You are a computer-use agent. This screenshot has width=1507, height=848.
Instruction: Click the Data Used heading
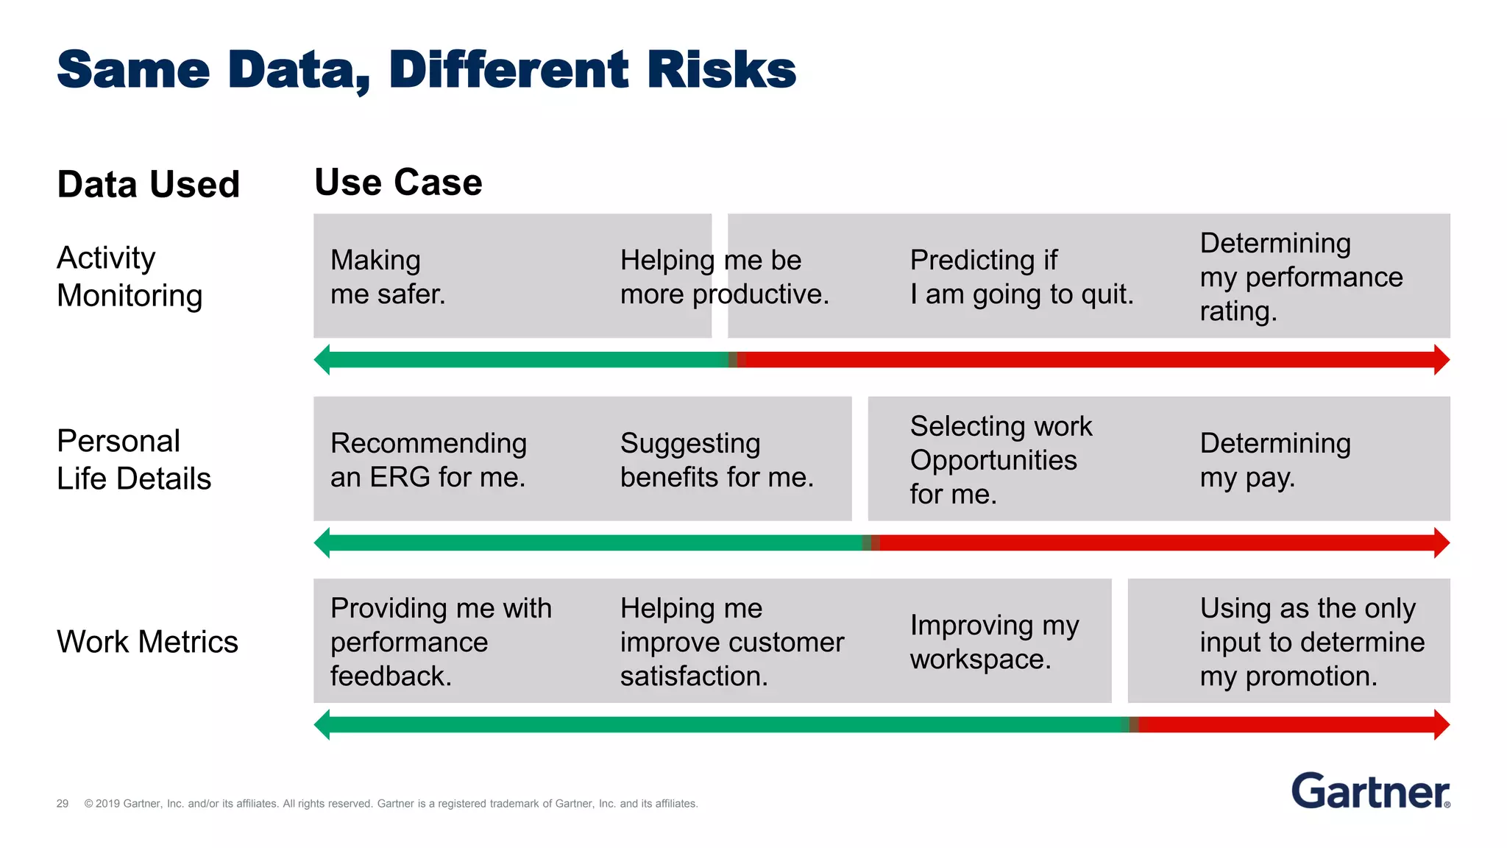point(148,184)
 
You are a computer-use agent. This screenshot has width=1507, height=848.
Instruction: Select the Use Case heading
point(398,182)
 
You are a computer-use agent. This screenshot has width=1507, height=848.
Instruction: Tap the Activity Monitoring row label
point(129,277)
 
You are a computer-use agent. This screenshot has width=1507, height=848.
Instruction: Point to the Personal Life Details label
point(133,459)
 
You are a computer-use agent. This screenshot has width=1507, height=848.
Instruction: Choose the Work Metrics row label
point(147,642)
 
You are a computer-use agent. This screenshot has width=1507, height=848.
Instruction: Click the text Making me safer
point(388,277)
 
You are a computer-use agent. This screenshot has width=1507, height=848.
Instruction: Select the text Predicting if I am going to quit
point(1021,277)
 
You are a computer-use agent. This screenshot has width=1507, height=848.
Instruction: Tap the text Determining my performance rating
point(1300,277)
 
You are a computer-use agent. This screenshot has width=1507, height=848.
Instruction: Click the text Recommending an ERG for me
point(428,459)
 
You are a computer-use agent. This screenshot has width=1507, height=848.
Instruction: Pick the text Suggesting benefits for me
point(716,459)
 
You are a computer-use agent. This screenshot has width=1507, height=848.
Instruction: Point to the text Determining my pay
point(1274,459)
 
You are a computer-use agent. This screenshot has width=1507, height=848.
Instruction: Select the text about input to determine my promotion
point(1311,642)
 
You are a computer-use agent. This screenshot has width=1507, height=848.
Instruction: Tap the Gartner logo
point(1370,791)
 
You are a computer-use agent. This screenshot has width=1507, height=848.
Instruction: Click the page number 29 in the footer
point(63,804)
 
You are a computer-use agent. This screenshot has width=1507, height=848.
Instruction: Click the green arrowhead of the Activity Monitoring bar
point(322,359)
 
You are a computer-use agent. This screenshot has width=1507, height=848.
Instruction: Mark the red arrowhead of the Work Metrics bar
point(1442,725)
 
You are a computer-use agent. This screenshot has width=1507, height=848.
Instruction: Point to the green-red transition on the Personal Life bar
point(870,543)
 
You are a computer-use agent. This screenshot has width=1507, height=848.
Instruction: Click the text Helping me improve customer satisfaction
point(731,642)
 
